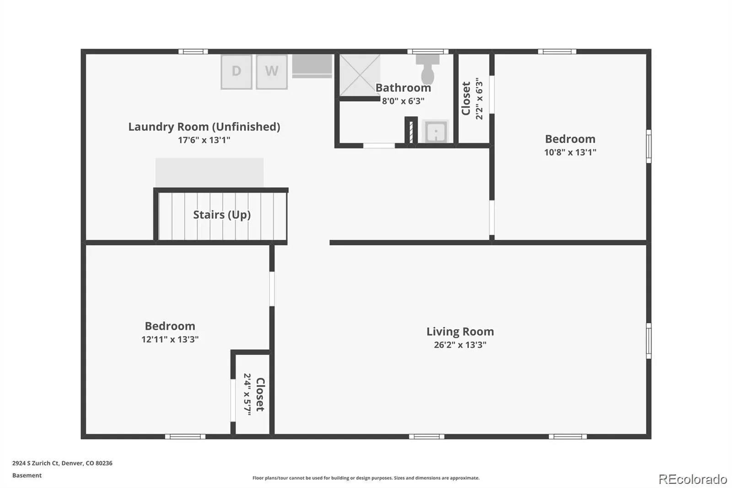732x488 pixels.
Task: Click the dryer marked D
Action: coord(236,72)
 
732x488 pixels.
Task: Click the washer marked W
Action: coord(272,72)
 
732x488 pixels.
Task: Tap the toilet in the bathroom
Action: coord(427,69)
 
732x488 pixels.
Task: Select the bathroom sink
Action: coord(436,131)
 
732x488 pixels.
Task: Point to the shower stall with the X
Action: coord(360,75)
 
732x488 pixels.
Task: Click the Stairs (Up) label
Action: coord(222,215)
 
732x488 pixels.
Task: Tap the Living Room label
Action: coord(460,331)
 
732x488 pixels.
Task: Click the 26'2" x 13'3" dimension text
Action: coord(460,345)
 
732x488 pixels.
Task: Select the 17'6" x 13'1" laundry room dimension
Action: coord(204,140)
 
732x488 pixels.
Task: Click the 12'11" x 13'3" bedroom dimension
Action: coord(170,339)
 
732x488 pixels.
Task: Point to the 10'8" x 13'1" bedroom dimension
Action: coord(570,152)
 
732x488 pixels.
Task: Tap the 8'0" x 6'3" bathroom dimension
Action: coord(403,101)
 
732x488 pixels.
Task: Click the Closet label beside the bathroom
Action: coord(466,98)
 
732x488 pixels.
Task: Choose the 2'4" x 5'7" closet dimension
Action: coord(248,394)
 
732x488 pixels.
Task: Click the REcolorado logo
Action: coord(693,479)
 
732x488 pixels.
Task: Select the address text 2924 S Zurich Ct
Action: coord(36,463)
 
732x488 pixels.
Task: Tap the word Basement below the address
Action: coord(27,475)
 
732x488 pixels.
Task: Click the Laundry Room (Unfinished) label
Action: coord(204,127)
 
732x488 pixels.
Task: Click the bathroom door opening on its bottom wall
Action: coord(379,146)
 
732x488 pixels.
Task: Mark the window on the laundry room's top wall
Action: coord(193,51)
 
